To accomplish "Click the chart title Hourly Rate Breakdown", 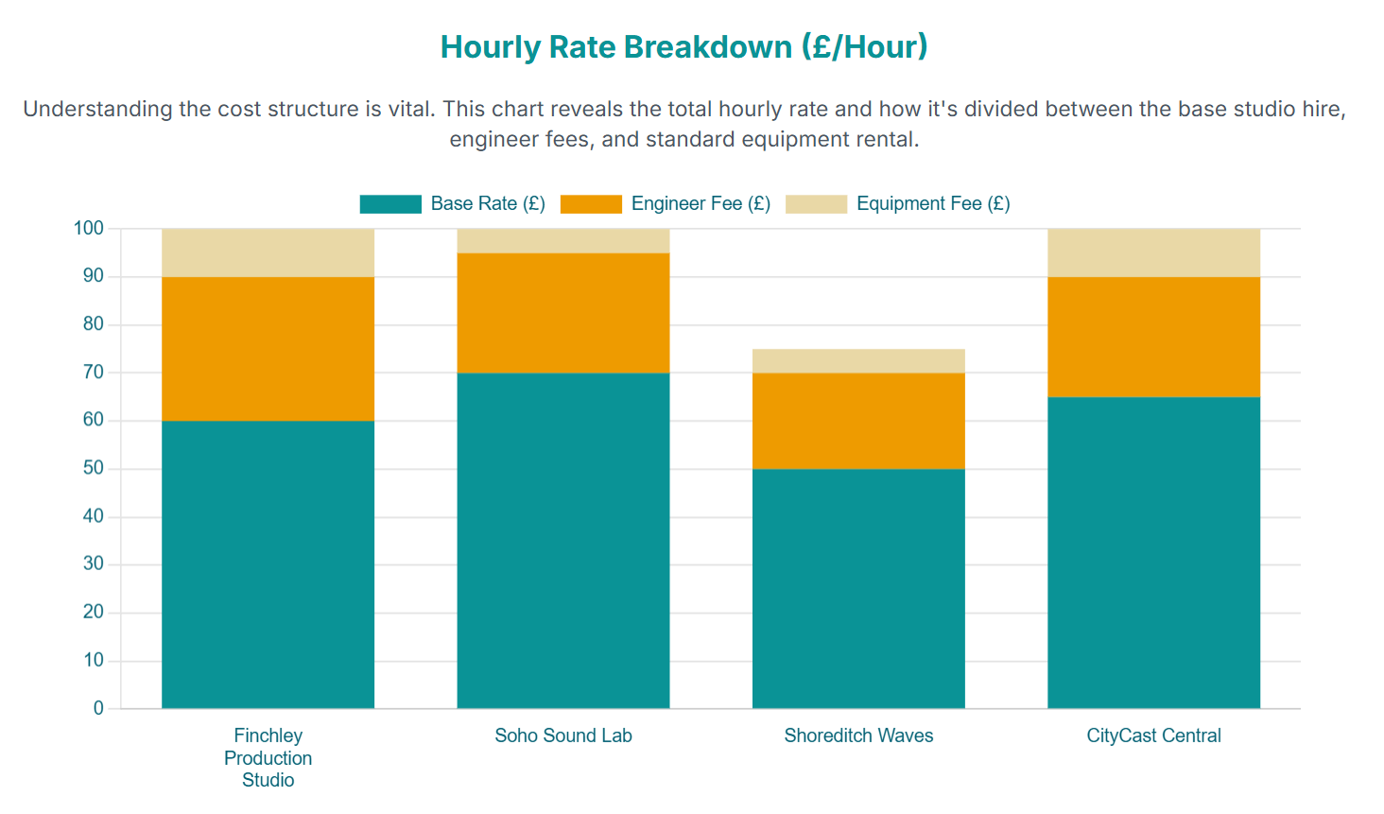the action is tap(684, 47).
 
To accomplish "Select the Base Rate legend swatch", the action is tap(390, 204).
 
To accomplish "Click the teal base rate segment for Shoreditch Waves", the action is tap(858, 588).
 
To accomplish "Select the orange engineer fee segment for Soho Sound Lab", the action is tap(562, 313).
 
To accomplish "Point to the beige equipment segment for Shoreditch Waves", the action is tap(858, 361).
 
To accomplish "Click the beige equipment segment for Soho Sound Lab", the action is tap(562, 241).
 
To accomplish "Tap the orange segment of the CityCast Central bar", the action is tap(1153, 337).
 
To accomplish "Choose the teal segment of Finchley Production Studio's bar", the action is tap(268, 564).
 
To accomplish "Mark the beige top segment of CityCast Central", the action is tap(1153, 252).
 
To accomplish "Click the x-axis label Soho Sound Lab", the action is tap(562, 736).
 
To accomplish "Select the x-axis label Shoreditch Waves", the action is tap(858, 736).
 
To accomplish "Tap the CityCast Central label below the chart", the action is tap(1153, 736).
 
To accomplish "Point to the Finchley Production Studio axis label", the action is tap(268, 758).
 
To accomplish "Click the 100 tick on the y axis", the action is tap(88, 228).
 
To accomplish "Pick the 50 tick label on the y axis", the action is tap(94, 468).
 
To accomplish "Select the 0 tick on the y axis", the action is tap(98, 708).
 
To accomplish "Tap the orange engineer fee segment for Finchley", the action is tap(268, 349).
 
